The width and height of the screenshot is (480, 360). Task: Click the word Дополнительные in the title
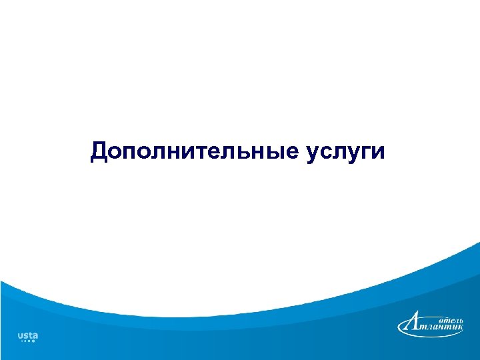point(194,151)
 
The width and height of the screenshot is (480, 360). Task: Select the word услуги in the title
point(346,152)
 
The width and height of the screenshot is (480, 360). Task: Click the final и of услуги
point(378,152)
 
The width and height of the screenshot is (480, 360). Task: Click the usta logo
point(27,337)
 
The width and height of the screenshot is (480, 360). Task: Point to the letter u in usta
point(20,335)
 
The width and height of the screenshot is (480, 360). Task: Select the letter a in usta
point(35,335)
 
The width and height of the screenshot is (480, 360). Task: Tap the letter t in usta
point(30,335)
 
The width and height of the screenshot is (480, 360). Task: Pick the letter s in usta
point(25,335)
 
